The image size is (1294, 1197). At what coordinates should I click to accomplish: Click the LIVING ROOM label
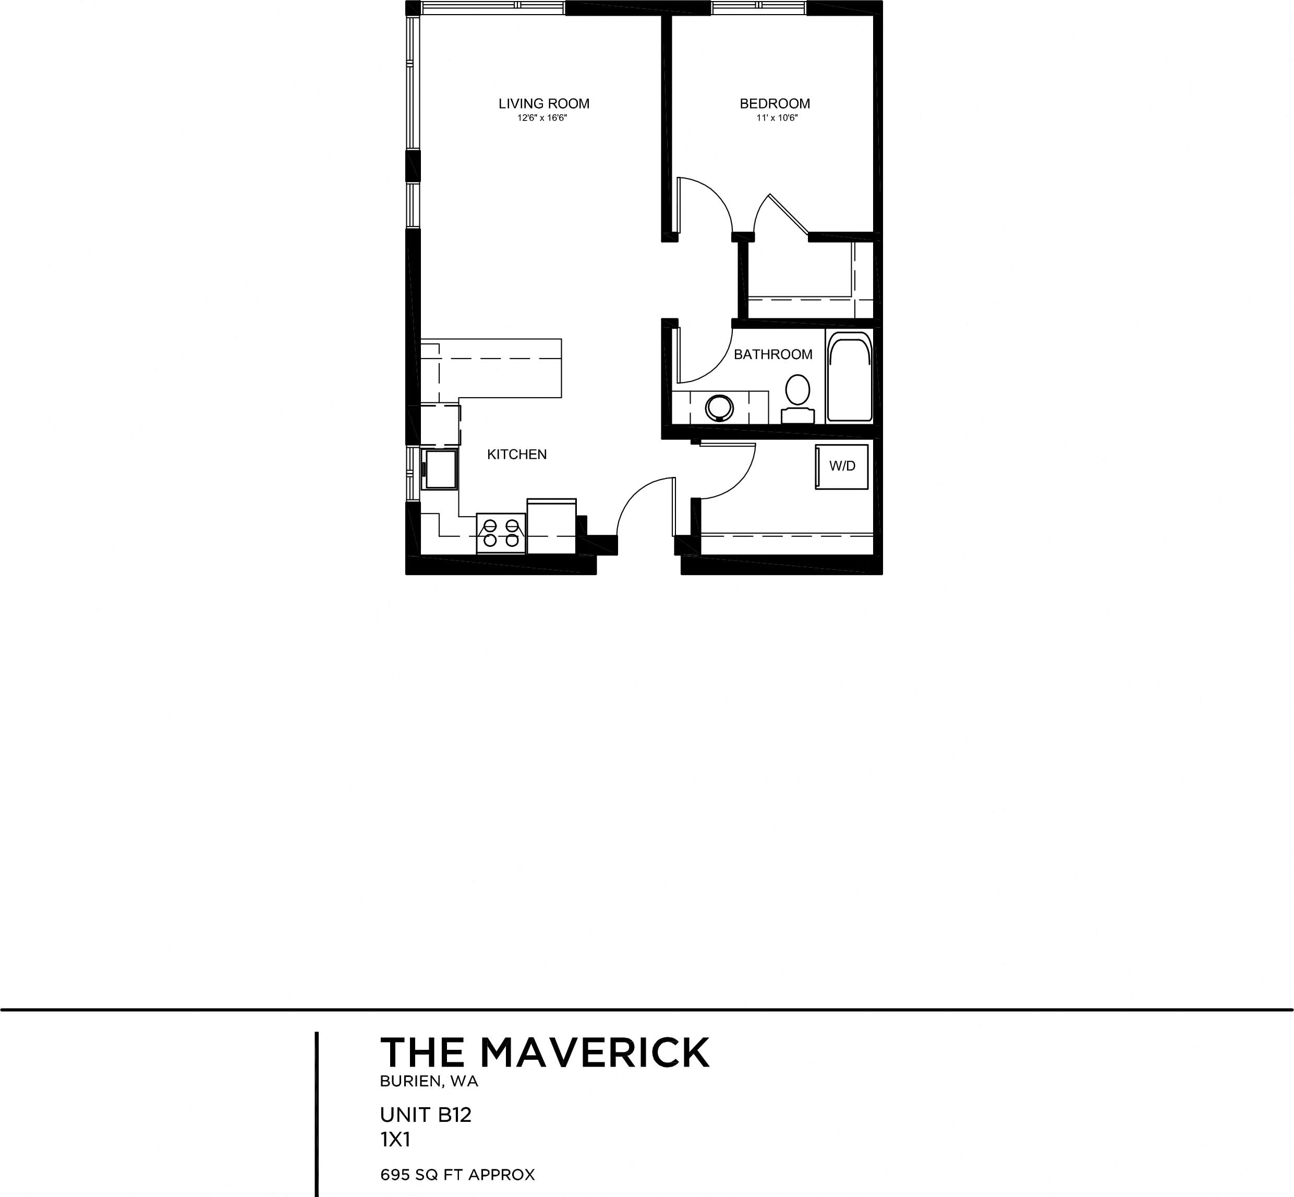click(544, 104)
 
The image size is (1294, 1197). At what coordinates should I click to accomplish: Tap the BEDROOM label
click(775, 104)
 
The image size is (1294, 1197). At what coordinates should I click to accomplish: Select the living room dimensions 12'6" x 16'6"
click(542, 118)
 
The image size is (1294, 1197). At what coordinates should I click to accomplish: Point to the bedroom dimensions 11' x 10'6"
click(777, 118)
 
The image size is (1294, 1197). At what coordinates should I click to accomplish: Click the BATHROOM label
click(773, 354)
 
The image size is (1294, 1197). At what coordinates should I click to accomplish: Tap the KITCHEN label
click(516, 454)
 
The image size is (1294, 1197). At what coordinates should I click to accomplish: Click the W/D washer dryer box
click(841, 466)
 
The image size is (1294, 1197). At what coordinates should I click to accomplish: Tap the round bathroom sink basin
click(719, 408)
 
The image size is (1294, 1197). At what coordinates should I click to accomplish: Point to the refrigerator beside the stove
click(551, 526)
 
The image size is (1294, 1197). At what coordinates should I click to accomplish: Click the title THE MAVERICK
click(545, 1052)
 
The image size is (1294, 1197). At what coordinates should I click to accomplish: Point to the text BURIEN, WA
click(429, 1081)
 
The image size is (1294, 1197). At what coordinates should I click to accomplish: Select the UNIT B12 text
click(425, 1115)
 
